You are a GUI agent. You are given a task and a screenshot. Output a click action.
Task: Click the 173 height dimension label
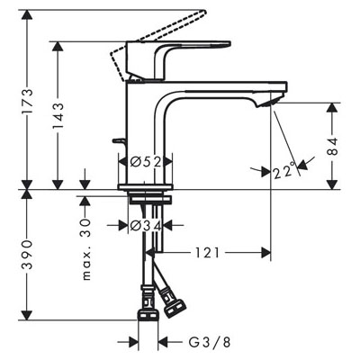(28, 102)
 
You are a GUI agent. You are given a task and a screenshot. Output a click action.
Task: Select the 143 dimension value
(58, 116)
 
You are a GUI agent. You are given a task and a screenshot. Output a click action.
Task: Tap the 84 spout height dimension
(332, 147)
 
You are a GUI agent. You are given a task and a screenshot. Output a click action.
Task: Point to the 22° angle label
(284, 171)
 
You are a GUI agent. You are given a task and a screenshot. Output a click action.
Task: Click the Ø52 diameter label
(146, 162)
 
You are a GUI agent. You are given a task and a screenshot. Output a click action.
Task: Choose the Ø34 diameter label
(146, 225)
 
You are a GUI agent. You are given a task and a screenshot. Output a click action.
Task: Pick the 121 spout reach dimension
(208, 253)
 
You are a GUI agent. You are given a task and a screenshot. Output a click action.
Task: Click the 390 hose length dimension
(28, 255)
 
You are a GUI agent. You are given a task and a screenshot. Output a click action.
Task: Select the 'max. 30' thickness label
(86, 249)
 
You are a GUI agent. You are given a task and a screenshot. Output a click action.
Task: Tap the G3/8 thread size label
(210, 341)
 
